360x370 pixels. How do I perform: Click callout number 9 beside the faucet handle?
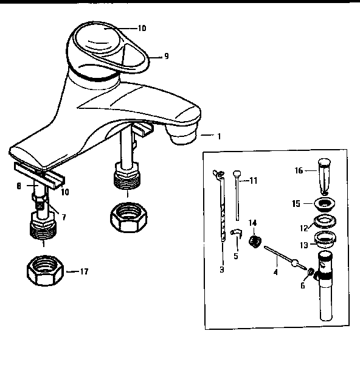point(167,57)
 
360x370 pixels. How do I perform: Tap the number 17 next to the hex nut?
point(84,271)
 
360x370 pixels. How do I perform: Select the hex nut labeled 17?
point(45,270)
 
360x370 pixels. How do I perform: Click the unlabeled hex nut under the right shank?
point(129,217)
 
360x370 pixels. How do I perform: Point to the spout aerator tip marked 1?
point(183,134)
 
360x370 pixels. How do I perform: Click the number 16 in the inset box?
point(299,170)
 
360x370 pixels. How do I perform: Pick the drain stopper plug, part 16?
point(324,176)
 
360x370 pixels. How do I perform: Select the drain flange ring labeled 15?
point(324,204)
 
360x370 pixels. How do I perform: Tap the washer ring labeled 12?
point(325,222)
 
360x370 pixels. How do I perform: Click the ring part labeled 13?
point(325,239)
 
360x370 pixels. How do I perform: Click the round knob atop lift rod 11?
point(237,174)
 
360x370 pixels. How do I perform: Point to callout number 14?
point(253,223)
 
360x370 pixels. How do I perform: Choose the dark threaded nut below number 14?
point(255,241)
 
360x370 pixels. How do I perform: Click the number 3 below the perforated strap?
point(222,270)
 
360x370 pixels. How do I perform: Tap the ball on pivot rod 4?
point(294,263)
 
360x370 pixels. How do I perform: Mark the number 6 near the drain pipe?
point(303,286)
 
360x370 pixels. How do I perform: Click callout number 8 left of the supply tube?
point(19,186)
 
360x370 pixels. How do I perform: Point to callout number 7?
point(64,217)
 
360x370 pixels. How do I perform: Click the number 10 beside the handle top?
point(142,29)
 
